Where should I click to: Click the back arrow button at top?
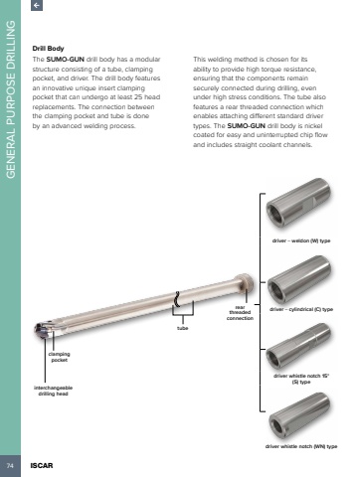tap(37, 5)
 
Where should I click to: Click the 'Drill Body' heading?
tap(48, 49)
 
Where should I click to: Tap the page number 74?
tap(10, 466)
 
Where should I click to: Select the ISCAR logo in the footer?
tap(42, 466)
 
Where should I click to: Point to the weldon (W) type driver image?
tap(298, 203)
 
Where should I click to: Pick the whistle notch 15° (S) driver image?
tap(298, 346)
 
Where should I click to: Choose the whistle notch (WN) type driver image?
tap(299, 416)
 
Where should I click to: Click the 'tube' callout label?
tap(182, 328)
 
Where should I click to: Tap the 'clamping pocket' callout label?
tap(59, 357)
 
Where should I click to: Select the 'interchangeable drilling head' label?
tap(53, 391)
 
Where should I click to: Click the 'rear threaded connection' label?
tap(240, 312)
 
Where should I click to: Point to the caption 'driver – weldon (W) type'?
tap(301, 240)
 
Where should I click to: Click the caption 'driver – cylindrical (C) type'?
tap(301, 309)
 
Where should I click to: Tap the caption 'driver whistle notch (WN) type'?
tap(301, 446)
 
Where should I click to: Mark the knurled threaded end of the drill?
tap(245, 282)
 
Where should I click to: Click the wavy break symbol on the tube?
tap(177, 299)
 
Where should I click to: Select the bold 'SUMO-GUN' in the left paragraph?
tap(65, 60)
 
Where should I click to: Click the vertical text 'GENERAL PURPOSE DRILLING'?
tap(11, 99)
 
